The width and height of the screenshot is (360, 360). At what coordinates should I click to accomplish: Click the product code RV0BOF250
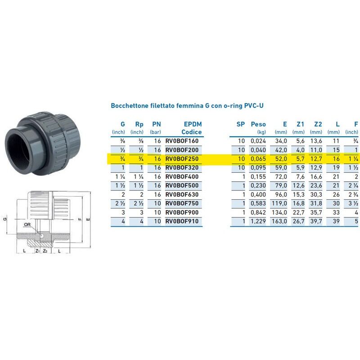[182, 159]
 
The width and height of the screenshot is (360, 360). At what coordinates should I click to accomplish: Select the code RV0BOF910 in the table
[182, 221]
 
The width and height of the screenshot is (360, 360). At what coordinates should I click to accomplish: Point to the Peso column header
[258, 124]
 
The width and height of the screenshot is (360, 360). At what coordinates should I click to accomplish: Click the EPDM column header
[193, 124]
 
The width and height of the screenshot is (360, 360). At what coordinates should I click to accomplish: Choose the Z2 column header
[318, 124]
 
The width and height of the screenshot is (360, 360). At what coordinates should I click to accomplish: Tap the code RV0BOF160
[182, 141]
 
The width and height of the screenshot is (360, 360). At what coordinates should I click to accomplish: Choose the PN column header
[156, 124]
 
